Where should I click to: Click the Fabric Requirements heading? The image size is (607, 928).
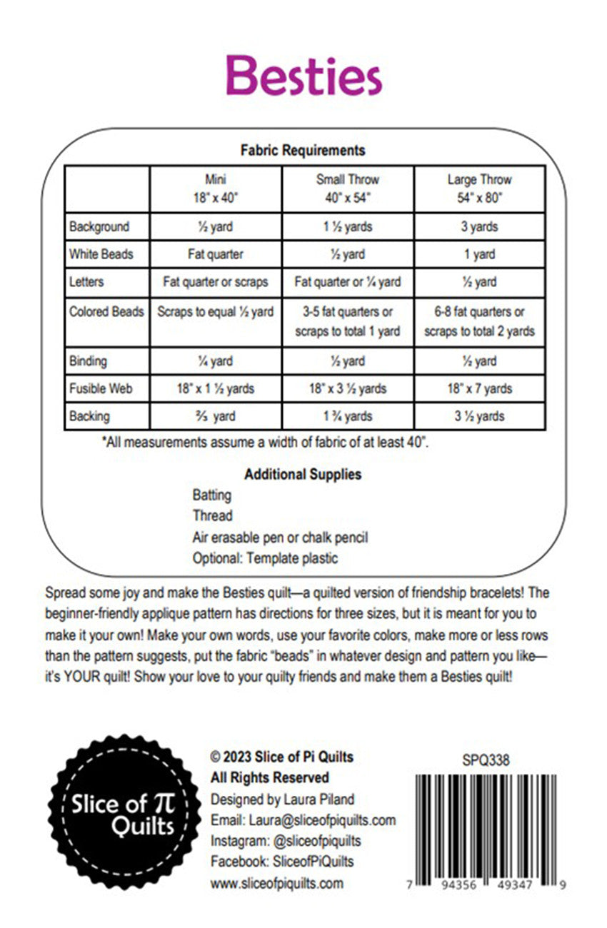(303, 150)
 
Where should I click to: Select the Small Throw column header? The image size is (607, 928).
(348, 188)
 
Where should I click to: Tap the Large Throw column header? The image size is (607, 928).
(479, 188)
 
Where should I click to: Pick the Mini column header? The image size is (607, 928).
(215, 188)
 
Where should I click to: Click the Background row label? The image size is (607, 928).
(99, 227)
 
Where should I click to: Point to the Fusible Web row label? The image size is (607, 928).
(101, 389)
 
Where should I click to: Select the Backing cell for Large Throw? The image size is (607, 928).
(479, 416)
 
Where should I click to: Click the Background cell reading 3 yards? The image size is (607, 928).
(479, 227)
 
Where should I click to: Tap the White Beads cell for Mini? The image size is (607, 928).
(215, 254)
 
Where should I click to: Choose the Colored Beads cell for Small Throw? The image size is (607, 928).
(348, 321)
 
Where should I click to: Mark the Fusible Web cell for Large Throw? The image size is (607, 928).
(479, 389)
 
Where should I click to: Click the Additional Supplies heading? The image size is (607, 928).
(303, 474)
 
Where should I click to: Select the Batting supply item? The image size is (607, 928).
(211, 495)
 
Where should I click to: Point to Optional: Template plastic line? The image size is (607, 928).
(265, 558)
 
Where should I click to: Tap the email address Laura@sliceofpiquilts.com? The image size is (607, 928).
(303, 820)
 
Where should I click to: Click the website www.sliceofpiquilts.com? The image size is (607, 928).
(276, 883)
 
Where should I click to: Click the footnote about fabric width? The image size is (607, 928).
(265, 443)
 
